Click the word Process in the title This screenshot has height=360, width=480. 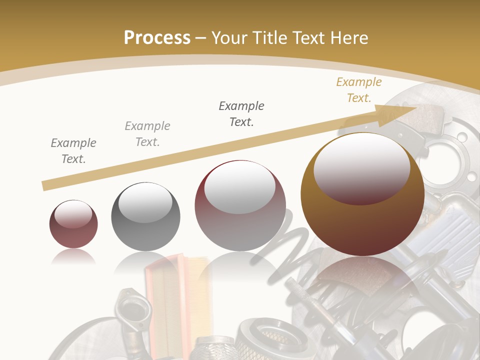[x=157, y=38]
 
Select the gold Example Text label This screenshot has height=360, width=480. [x=358, y=90]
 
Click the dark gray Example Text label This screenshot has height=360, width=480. [x=241, y=114]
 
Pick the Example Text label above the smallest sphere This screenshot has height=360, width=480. [x=73, y=151]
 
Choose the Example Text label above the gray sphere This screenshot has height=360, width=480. [x=147, y=134]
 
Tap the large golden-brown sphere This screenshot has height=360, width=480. [x=362, y=210]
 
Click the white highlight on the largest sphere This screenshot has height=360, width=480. [x=361, y=165]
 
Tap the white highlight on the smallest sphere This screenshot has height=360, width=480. [x=73, y=214]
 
